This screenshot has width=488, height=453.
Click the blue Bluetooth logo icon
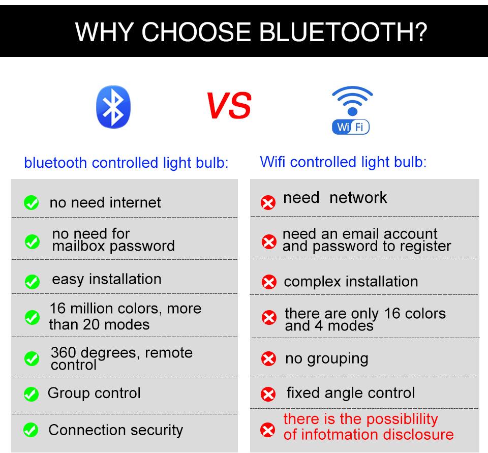(x=113, y=107)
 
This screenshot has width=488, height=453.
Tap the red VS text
(x=229, y=106)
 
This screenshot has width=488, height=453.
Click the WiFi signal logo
(x=351, y=110)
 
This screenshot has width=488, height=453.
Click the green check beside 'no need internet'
(x=32, y=202)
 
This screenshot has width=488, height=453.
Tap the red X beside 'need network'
(x=268, y=203)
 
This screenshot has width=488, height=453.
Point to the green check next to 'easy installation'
(x=32, y=282)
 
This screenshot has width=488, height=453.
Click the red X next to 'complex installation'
(x=269, y=282)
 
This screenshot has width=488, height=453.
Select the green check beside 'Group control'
(x=31, y=394)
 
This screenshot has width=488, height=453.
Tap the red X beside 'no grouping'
(x=268, y=358)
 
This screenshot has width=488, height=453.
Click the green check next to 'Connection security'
(x=31, y=430)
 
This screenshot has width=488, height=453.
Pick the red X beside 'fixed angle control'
(x=268, y=394)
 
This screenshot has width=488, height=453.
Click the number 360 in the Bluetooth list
(x=64, y=352)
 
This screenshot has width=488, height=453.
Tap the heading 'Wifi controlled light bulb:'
(x=343, y=162)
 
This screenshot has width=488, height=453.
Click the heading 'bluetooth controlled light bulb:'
(x=127, y=163)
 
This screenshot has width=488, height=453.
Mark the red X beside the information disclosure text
(x=268, y=430)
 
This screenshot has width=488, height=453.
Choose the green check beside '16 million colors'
(x=32, y=318)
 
